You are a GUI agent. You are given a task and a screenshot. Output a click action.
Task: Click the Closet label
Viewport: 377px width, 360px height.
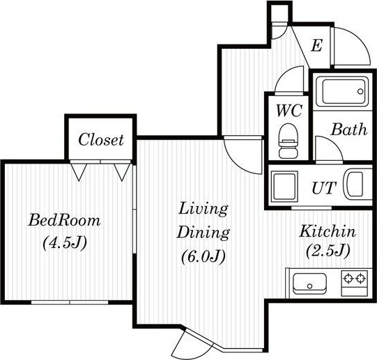click(101, 140)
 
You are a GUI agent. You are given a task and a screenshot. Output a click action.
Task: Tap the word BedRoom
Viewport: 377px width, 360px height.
click(64, 220)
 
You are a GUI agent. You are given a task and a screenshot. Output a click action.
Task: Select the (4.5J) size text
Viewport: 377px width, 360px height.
click(65, 243)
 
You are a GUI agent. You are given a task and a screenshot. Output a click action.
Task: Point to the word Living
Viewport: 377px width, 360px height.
click(203, 210)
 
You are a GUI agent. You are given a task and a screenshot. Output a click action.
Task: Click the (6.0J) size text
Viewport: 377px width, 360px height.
click(203, 256)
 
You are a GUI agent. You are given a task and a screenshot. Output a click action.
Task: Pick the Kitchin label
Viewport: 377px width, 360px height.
click(328, 231)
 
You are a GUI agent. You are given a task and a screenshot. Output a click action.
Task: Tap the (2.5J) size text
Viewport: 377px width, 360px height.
click(328, 251)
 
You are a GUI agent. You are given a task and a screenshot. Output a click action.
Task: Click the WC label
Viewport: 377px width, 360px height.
click(288, 111)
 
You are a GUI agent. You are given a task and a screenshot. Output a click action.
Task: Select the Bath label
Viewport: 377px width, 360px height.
click(349, 130)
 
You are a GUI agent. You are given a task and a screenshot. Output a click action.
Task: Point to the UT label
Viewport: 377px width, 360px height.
click(323, 188)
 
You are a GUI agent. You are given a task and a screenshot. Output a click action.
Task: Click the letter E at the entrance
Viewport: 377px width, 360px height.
click(316, 45)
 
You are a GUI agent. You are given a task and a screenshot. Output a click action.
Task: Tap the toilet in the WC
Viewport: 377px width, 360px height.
click(288, 141)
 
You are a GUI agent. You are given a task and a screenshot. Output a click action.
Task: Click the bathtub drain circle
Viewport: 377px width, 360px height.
click(360, 91)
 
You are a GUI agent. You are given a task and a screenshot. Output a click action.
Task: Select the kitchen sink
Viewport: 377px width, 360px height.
click(309, 283)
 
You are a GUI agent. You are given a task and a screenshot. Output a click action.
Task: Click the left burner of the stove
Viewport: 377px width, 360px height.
click(348, 279)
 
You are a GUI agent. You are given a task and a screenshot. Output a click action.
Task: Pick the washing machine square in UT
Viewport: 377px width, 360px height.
click(284, 186)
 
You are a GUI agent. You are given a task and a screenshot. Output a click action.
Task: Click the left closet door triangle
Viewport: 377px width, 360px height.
click(79, 172)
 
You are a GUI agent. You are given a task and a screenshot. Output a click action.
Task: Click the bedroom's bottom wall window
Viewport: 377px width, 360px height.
click(70, 302)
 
